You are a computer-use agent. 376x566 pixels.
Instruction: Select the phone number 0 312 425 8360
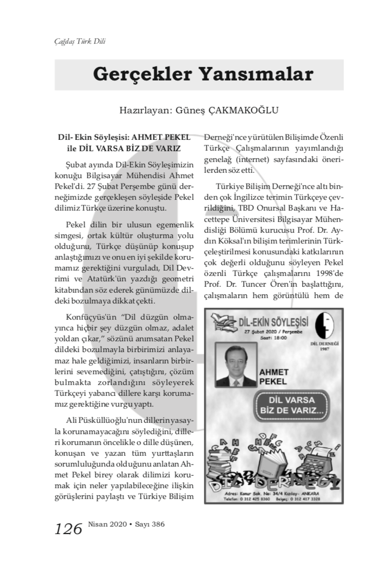[x=249, y=500]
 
